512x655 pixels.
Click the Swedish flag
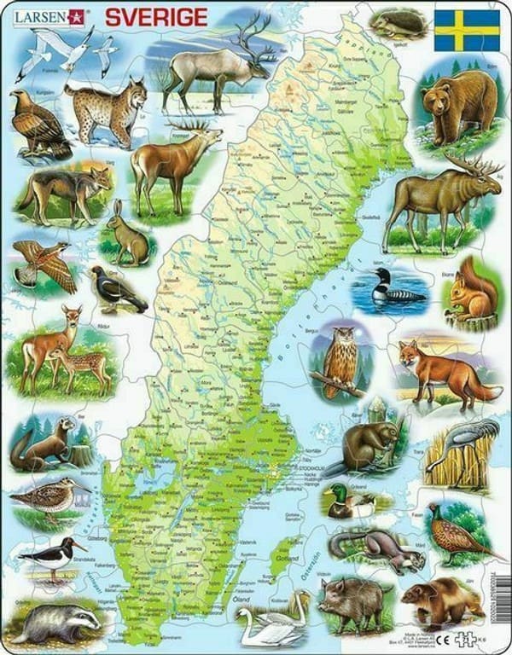click(467, 31)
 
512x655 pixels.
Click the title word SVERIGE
click(155, 17)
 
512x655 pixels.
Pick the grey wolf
click(64, 191)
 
